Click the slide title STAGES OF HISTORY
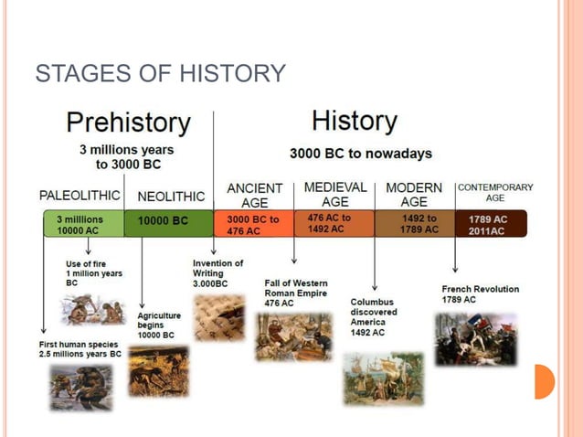160,73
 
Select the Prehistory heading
128,123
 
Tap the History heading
354,121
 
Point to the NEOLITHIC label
171,197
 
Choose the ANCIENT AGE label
254,195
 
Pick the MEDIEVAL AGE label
334,194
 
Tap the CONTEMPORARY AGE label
494,192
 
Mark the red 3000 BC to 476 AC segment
253,225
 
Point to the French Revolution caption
480,294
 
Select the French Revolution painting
475,339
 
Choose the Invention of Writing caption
217,273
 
